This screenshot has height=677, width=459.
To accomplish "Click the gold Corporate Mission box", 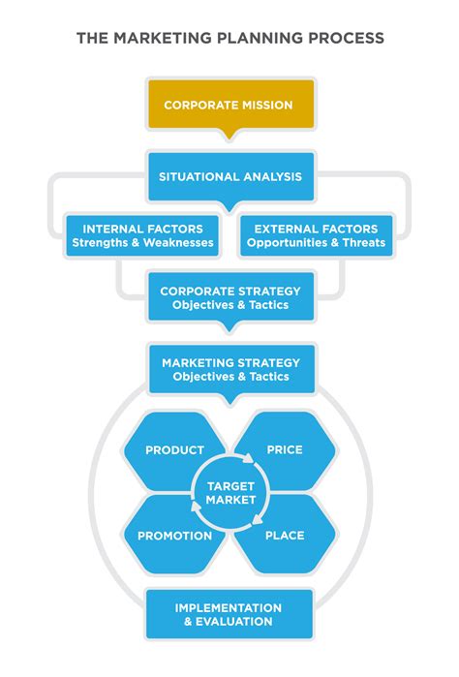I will (x=229, y=105).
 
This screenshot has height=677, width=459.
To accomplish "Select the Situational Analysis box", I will (x=229, y=176).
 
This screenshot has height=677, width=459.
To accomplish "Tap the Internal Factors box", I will (x=141, y=235).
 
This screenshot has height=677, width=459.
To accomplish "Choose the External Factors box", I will (x=316, y=235).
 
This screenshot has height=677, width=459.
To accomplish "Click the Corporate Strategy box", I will (x=229, y=297).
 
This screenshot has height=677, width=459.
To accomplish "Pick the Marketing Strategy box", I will (x=229, y=369).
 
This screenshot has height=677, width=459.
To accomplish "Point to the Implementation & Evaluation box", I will (x=229, y=614).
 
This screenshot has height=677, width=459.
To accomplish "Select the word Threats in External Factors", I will (x=363, y=242).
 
